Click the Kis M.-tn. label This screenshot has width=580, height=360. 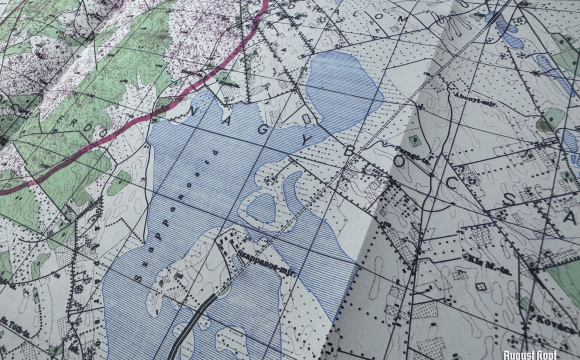coord(490,269)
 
